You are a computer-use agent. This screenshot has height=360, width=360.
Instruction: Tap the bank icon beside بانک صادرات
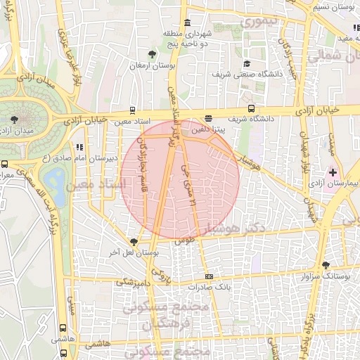point(209,276)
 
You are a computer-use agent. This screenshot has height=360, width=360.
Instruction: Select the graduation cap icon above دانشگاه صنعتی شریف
point(246,63)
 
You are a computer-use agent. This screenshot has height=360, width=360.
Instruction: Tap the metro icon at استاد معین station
point(132,110)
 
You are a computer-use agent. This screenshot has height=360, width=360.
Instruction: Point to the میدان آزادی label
point(19,131)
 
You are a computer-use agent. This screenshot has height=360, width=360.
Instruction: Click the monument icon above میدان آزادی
point(15,119)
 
